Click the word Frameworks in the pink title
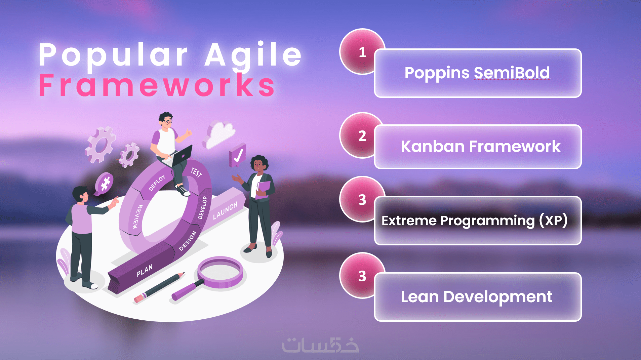[157, 85]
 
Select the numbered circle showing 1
[362, 51]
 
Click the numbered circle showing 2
[362, 135]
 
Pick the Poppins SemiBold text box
[478, 73]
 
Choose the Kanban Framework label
[480, 147]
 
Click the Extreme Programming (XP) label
[474, 221]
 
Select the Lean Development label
[476, 297]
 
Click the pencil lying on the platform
[159, 287]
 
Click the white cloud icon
[219, 134]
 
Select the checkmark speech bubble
[237, 155]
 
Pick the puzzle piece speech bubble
[104, 184]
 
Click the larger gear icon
[100, 144]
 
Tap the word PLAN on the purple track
[145, 271]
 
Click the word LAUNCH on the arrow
[225, 210]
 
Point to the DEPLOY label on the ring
[157, 183]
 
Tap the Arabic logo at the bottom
[320, 345]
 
